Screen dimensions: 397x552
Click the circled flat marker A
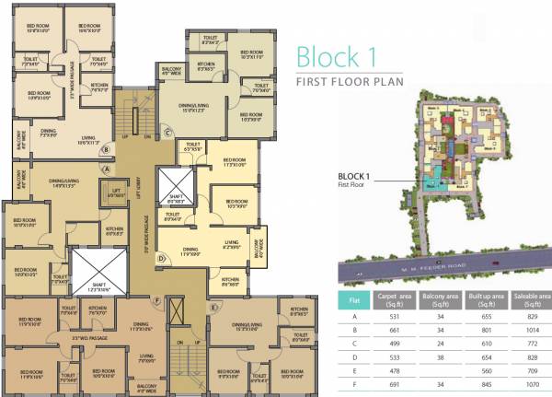pos(107,169)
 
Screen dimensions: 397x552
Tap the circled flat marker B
pos(107,147)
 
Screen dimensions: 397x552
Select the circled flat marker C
pos(168,133)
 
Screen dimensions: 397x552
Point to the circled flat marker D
pos(160,259)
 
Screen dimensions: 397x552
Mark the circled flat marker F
pos(157,300)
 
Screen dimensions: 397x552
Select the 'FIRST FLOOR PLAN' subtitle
pos(352,82)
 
